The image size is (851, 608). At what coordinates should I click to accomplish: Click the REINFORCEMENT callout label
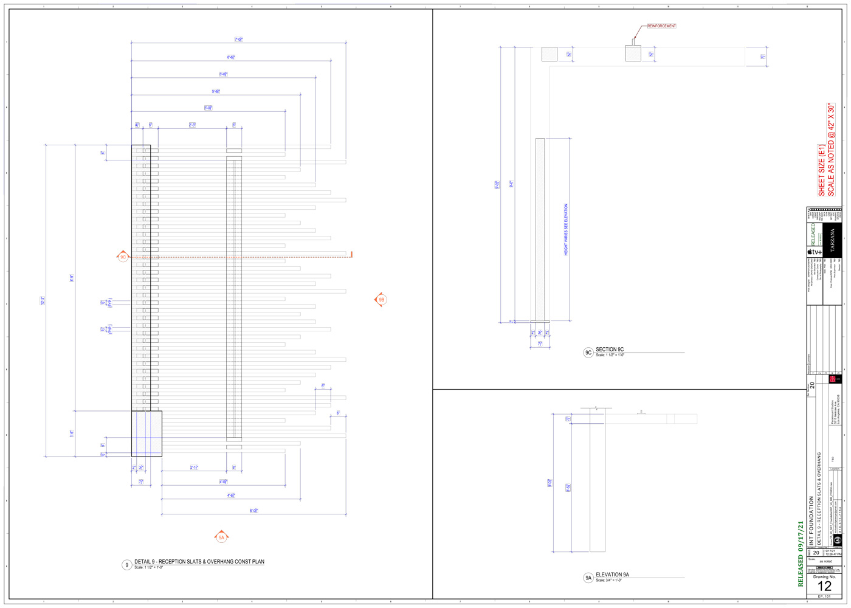[661, 26]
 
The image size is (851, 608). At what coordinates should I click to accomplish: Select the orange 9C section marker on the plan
[123, 257]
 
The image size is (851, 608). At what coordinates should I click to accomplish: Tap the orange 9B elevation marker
[381, 300]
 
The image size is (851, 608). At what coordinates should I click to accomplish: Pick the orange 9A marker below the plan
[221, 537]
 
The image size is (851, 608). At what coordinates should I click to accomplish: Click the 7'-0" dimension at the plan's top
[239, 40]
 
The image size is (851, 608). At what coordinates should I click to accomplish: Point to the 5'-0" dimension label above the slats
[208, 108]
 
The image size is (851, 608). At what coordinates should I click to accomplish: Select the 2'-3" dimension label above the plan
[192, 125]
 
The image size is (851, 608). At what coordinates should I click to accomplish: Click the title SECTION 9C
[610, 350]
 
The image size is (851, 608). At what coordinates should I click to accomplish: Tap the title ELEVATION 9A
[612, 575]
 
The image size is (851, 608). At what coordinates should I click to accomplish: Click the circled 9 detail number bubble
[126, 565]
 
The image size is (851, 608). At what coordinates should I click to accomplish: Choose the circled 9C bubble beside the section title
[588, 353]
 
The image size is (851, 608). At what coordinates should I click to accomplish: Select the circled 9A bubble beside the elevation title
[588, 578]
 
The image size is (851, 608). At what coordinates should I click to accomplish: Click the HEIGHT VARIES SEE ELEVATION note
[566, 229]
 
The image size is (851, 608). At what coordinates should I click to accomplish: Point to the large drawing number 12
[824, 586]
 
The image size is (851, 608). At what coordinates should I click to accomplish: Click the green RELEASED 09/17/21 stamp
[801, 553]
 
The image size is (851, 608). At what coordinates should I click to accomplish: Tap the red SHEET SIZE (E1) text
[821, 170]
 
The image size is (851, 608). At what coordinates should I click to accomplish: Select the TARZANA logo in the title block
[833, 240]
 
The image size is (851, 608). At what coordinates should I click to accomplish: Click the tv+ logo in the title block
[815, 252]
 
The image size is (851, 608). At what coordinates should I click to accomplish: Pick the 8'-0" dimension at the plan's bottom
[254, 511]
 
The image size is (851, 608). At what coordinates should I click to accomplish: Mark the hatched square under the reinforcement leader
[633, 54]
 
